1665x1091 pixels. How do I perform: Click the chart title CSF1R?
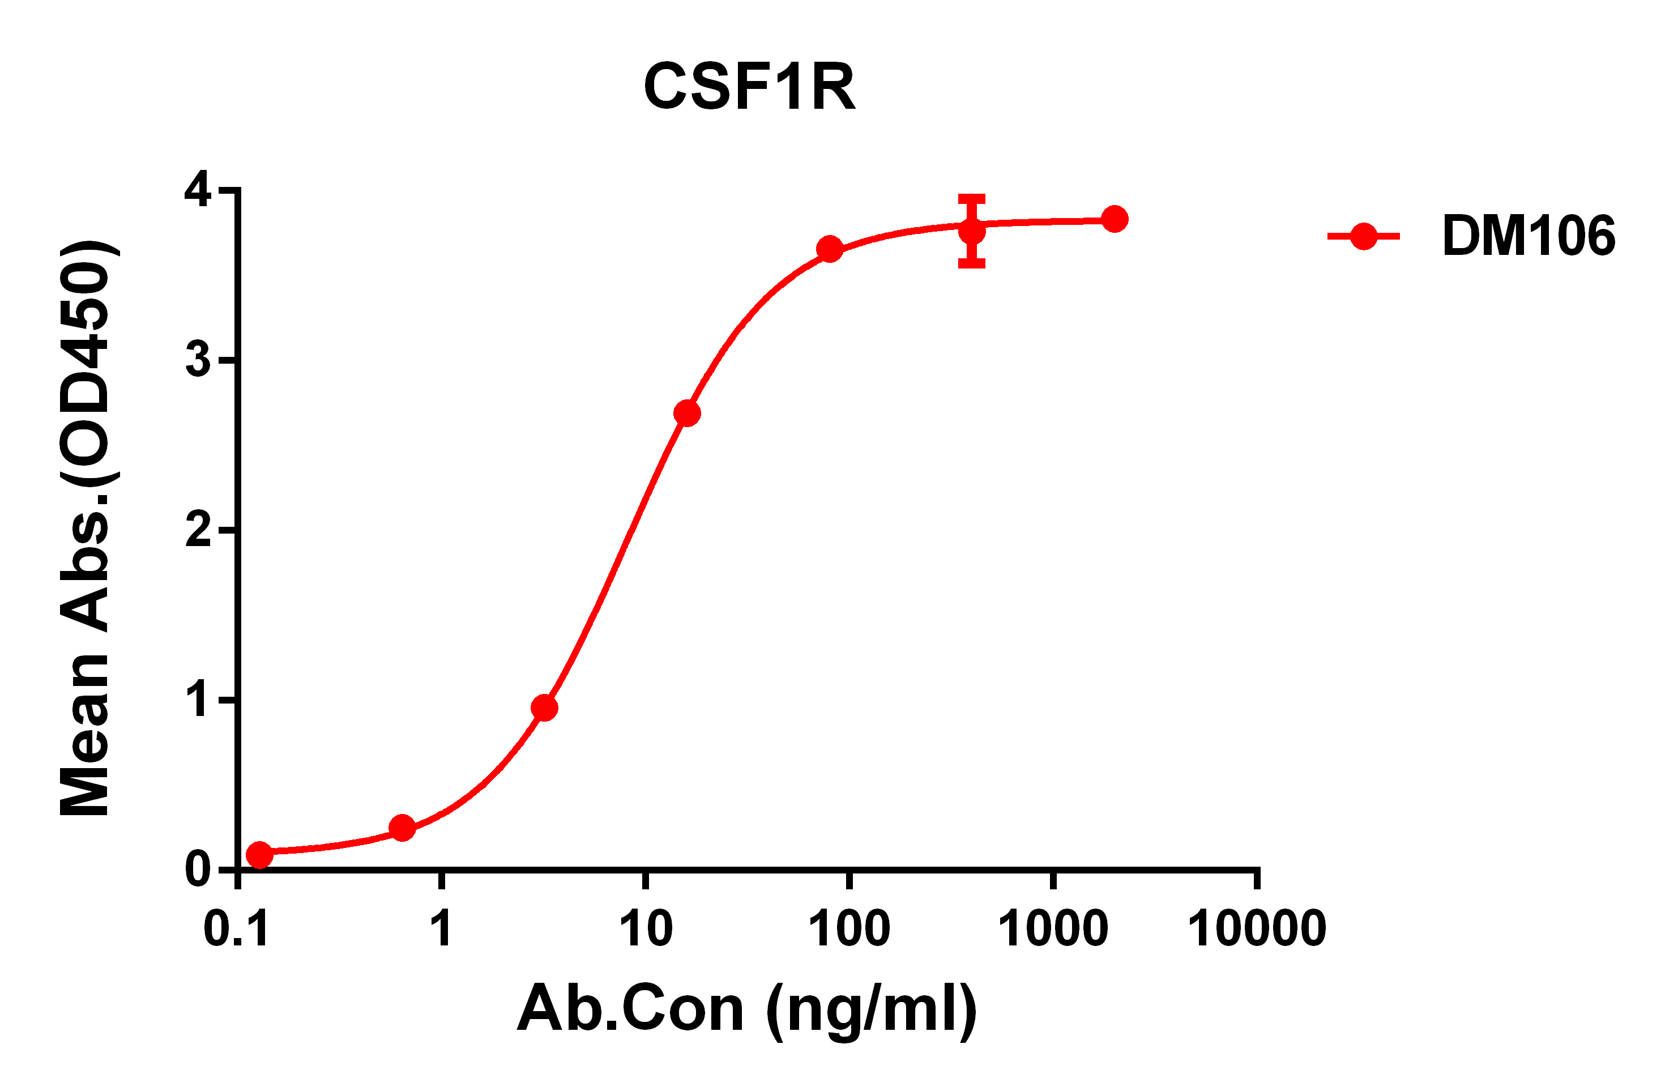[x=749, y=87]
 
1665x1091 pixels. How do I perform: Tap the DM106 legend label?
[x=1528, y=236]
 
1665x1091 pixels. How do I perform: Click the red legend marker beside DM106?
[x=1364, y=237]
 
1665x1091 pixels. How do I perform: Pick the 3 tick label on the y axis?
[x=197, y=360]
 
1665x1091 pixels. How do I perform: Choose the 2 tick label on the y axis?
[x=197, y=530]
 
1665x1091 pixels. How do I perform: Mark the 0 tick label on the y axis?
[x=197, y=870]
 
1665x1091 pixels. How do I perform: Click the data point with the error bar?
[x=972, y=231]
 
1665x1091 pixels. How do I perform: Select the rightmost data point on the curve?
[x=1115, y=219]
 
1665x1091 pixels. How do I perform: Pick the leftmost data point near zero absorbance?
[x=259, y=854]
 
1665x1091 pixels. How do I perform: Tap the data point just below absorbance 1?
[x=544, y=708]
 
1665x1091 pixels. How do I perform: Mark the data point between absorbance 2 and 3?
[x=687, y=414]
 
